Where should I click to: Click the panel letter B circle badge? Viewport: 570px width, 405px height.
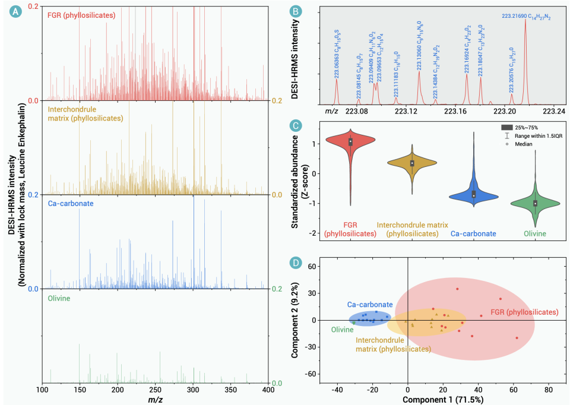click(x=294, y=11)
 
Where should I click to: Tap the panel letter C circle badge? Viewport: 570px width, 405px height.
click(x=294, y=126)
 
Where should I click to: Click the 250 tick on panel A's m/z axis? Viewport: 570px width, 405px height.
click(x=156, y=390)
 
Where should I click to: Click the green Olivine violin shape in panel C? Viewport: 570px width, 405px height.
click(x=536, y=203)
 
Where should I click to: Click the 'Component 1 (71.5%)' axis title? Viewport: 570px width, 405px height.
click(x=443, y=400)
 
